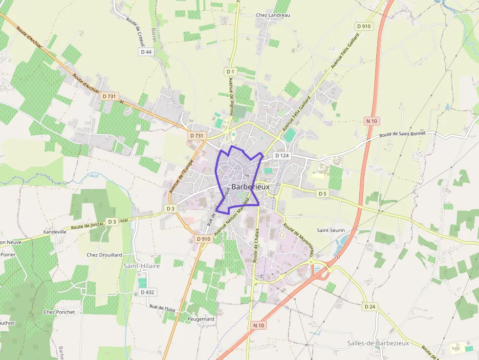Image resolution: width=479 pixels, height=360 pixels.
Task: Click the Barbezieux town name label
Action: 250,187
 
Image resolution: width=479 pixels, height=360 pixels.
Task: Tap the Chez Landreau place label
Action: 273,15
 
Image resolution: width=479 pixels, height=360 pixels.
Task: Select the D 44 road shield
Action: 146,52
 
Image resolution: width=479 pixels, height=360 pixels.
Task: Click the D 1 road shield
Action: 231,72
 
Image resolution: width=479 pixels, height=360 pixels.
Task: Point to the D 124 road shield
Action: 282,155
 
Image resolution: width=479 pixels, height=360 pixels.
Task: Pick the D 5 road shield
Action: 322,193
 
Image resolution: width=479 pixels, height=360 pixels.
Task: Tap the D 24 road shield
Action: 370,307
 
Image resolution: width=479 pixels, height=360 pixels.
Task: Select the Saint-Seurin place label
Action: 331,230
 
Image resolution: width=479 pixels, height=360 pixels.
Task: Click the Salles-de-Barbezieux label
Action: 378,343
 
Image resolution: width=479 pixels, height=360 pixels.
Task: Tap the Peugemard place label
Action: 200,319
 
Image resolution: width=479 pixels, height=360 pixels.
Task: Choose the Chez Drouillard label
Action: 104,255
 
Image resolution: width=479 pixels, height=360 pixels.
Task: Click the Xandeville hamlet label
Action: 55,232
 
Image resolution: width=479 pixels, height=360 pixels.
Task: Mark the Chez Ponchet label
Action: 59,312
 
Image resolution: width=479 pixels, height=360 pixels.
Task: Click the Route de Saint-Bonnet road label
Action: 402,134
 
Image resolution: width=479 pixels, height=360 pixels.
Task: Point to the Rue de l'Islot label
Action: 162,308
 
